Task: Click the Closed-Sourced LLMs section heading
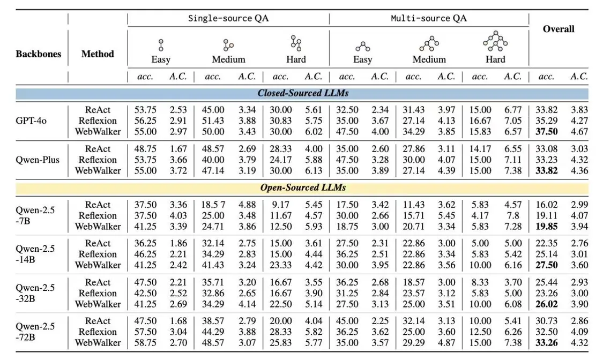(x=303, y=93)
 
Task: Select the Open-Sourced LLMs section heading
(x=303, y=187)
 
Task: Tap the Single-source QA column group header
(x=228, y=18)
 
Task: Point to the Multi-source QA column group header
(x=429, y=18)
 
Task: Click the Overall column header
(x=559, y=29)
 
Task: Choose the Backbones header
(x=38, y=54)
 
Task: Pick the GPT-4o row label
(x=31, y=121)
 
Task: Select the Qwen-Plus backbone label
(x=38, y=160)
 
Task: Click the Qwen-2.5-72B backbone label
(x=35, y=332)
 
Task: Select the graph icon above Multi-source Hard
(x=495, y=41)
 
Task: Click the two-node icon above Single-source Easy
(x=161, y=44)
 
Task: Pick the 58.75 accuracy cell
(x=145, y=342)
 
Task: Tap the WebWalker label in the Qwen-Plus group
(x=98, y=170)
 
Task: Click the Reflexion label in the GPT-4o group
(x=98, y=121)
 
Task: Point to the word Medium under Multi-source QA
(x=429, y=59)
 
